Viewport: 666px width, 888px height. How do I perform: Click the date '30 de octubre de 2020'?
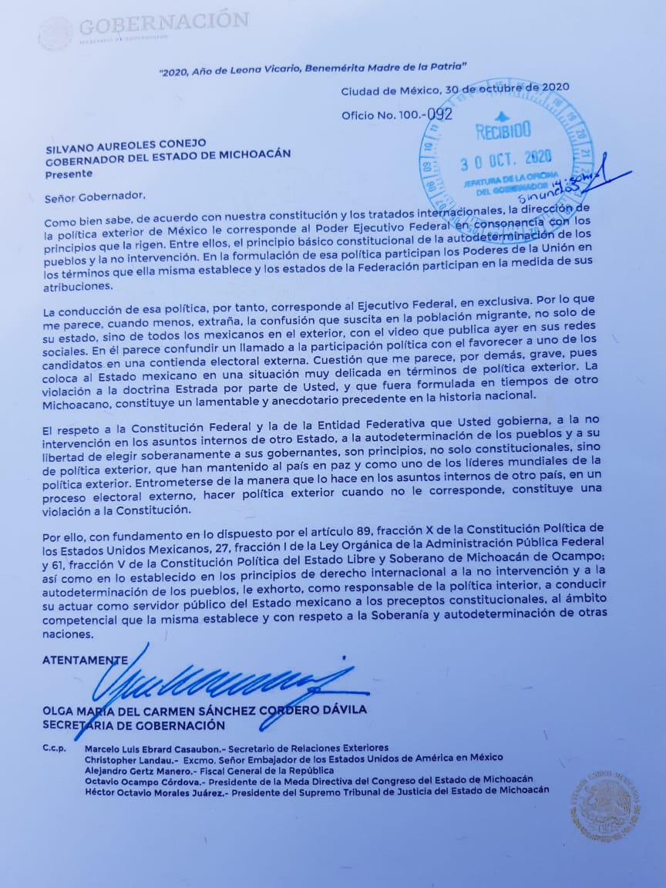click(513, 87)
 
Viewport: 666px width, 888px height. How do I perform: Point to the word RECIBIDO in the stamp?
click(503, 131)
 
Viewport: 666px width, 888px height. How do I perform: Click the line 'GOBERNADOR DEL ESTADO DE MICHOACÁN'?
click(167, 153)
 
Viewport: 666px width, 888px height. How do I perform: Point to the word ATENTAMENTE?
click(85, 660)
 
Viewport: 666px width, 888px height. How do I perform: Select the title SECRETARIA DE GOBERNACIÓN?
click(134, 725)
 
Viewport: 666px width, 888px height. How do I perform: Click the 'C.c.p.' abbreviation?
click(54, 748)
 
